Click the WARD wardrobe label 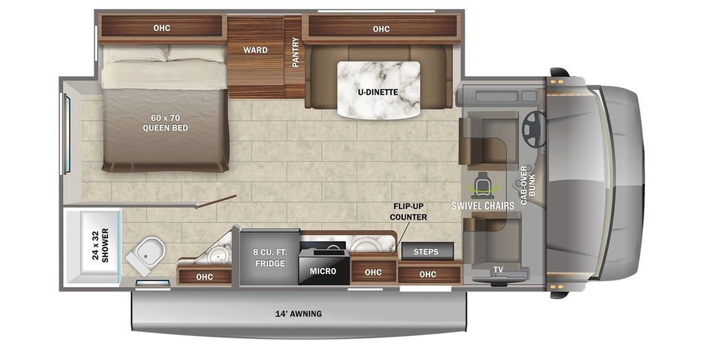point(256,50)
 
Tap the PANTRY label point(295,58)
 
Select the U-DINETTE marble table point(379,90)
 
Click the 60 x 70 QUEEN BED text point(165,123)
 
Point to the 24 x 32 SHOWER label point(100,245)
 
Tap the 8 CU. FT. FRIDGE point(269,257)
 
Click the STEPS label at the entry point(426,251)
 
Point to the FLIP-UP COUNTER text point(408,212)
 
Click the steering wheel point(534,129)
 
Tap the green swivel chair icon point(482,185)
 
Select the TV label point(498,270)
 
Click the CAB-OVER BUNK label point(527,185)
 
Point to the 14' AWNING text point(298,314)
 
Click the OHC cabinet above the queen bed point(162,28)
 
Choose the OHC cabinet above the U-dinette point(381,29)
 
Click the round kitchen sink point(366,244)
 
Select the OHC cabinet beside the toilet point(205,275)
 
